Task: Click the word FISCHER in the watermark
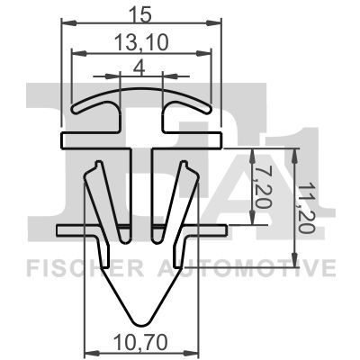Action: [76, 268]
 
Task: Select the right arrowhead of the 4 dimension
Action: [163, 77]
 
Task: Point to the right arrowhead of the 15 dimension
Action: [220, 24]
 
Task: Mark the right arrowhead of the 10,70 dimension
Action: [195, 353]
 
